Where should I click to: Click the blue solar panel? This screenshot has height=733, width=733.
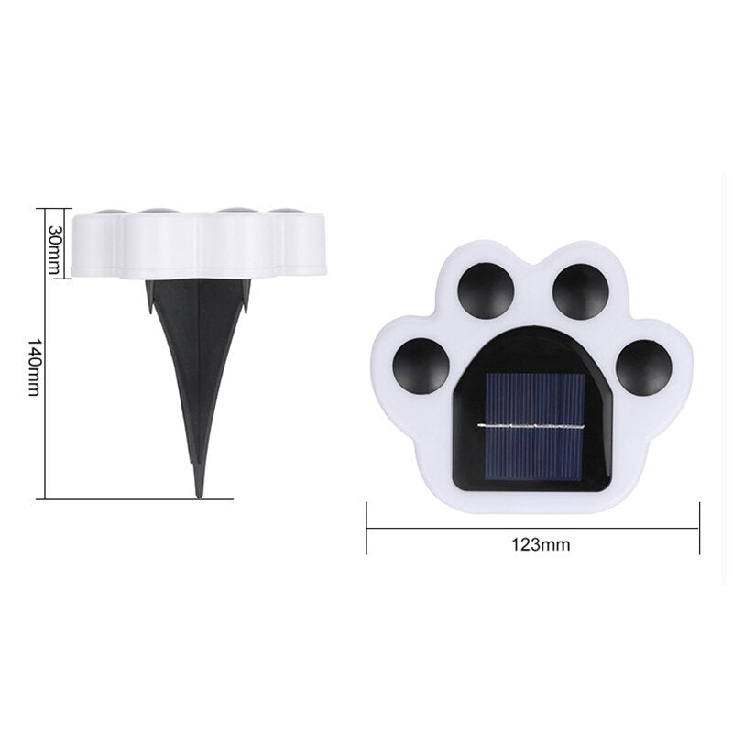click(x=531, y=427)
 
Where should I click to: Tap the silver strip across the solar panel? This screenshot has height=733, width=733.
click(x=531, y=427)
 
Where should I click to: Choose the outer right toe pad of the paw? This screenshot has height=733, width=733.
click(x=643, y=366)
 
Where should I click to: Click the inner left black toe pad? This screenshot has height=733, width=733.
click(x=487, y=290)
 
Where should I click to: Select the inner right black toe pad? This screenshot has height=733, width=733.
click(x=581, y=290)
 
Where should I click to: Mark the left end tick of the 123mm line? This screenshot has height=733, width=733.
click(x=366, y=528)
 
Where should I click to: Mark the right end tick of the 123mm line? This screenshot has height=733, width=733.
click(x=699, y=528)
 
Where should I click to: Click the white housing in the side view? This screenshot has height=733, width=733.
click(x=199, y=246)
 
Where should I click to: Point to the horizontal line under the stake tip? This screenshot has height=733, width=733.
click(x=137, y=498)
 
